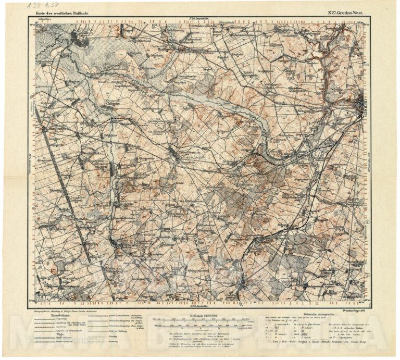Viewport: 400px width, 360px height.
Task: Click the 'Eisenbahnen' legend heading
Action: point(58,315)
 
